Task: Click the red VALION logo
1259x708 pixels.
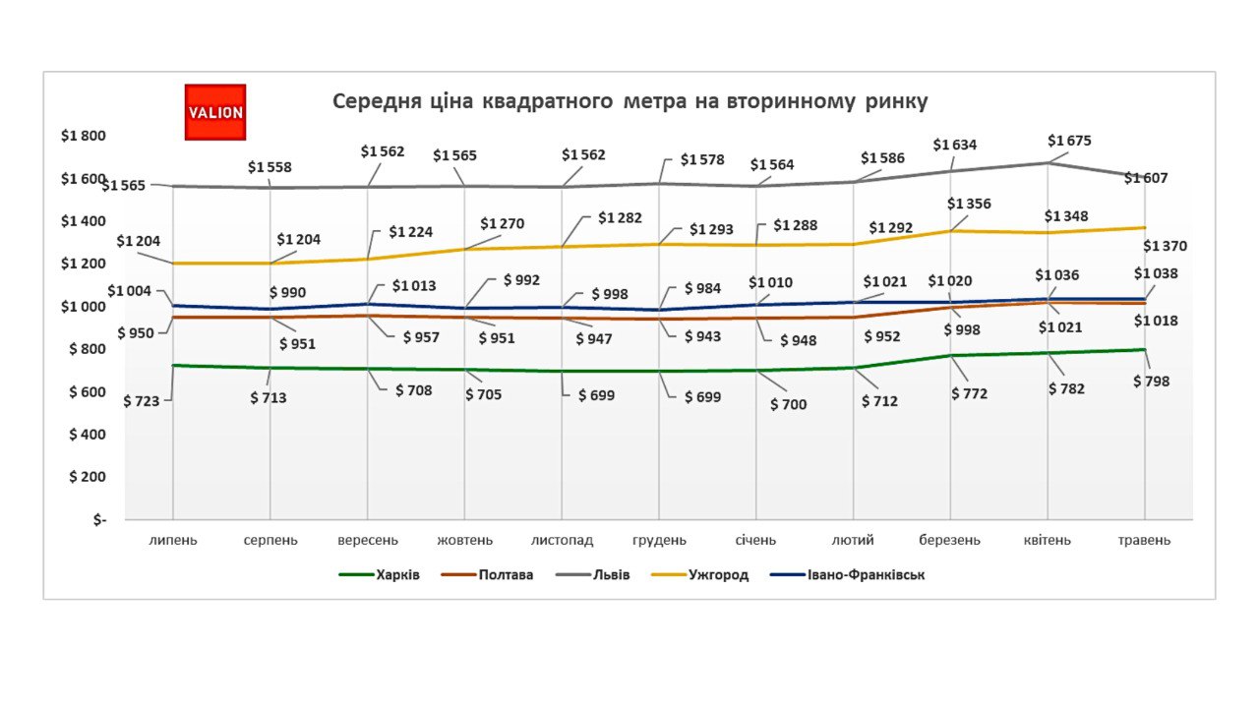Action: tap(215, 112)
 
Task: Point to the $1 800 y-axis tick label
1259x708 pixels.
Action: tap(83, 136)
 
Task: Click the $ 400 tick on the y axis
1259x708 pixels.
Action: tap(87, 434)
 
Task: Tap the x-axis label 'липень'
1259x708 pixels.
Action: tap(173, 540)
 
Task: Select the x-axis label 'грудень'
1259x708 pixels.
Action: tap(659, 540)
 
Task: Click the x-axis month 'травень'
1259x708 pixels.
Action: tap(1144, 540)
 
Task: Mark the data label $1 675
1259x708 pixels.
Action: tap(1069, 141)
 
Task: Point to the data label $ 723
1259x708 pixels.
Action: tap(141, 400)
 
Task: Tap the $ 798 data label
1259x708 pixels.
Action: tap(1152, 381)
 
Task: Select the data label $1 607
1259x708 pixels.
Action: tap(1146, 178)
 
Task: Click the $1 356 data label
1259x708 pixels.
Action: tap(969, 204)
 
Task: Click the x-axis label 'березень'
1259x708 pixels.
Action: tap(950, 540)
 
